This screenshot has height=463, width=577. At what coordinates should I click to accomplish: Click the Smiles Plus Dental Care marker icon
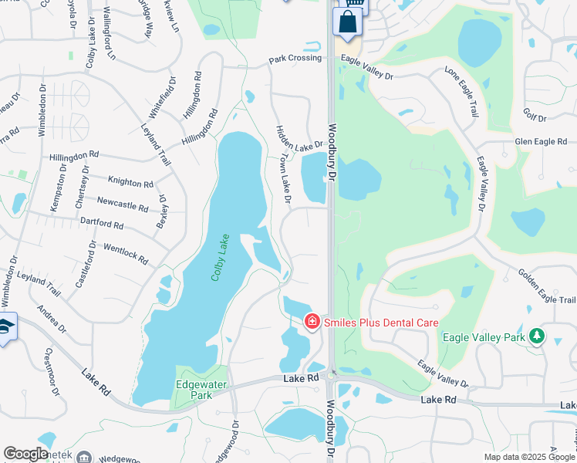(x=312, y=321)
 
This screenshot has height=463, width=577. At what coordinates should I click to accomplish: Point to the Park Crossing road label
(x=294, y=59)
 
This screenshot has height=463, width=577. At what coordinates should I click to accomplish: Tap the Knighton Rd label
(x=131, y=183)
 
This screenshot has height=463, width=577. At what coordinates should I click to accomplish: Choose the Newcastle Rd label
(x=123, y=204)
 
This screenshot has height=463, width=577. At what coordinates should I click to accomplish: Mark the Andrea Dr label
(x=52, y=319)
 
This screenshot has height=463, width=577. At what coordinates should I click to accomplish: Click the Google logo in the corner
(x=25, y=454)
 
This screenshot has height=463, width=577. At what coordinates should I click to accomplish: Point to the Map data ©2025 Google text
(x=528, y=457)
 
